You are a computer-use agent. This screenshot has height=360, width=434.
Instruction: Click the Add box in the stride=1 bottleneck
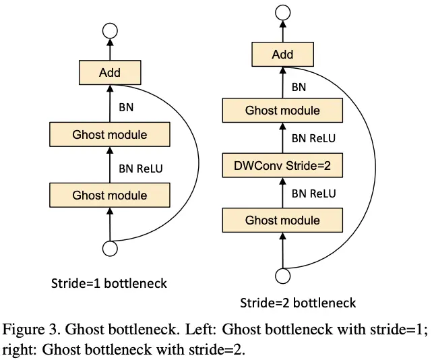pyautogui.click(x=110, y=72)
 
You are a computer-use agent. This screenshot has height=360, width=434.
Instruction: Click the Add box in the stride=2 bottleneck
pyautogui.click(x=282, y=55)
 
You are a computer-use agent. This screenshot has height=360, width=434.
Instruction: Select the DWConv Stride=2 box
pyautogui.click(x=282, y=165)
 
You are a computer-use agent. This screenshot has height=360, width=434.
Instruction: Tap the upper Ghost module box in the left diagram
pyautogui.click(x=110, y=135)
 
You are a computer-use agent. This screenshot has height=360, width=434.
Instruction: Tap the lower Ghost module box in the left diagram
pyautogui.click(x=110, y=196)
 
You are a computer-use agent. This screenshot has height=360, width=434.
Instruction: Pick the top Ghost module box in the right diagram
pyautogui.click(x=282, y=111)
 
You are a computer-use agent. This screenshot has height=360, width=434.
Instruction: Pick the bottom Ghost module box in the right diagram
pyautogui.click(x=282, y=220)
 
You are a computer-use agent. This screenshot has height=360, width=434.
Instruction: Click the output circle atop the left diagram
pyautogui.click(x=110, y=30)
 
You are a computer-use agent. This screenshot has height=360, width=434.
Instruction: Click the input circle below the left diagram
pyautogui.click(x=110, y=249)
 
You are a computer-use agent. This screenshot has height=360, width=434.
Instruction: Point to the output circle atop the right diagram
pyautogui.click(x=282, y=13)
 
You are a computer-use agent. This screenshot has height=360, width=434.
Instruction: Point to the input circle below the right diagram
pyautogui.click(x=282, y=275)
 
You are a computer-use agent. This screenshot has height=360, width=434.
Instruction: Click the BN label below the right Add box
pyautogui.click(x=299, y=86)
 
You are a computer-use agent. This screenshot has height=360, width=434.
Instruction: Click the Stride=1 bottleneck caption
pyautogui.click(x=109, y=283)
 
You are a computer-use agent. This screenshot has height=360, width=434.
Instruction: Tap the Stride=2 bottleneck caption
pyautogui.click(x=298, y=303)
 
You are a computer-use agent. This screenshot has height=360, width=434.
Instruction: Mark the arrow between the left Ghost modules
pyautogui.click(x=110, y=165)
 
